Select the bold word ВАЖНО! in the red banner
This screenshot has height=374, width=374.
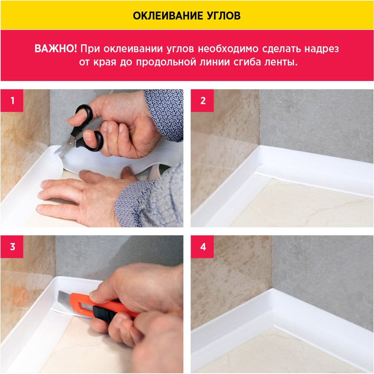click(x=56, y=49)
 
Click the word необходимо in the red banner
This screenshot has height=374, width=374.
click(x=228, y=49)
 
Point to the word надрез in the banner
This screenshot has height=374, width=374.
click(x=322, y=49)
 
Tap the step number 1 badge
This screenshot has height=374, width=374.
click(x=12, y=100)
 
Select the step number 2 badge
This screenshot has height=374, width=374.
click(x=202, y=100)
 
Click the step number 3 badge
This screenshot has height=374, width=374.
click(x=12, y=246)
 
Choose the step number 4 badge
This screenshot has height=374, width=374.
click(x=202, y=246)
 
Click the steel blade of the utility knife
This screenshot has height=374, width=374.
click(x=64, y=297)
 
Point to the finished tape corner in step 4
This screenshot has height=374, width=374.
click(x=273, y=308)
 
